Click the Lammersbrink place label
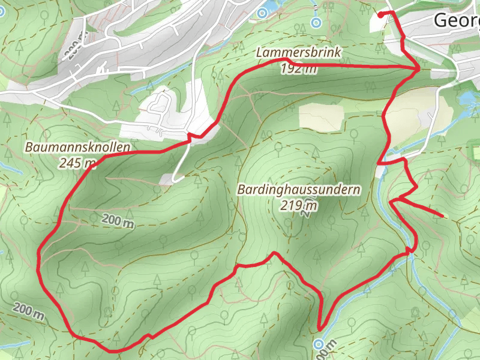(x=298, y=53)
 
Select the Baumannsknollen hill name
(x=77, y=147)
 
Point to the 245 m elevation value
(x=77, y=162)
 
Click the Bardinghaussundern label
(x=299, y=190)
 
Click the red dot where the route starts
(x=381, y=14)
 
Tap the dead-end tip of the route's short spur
(x=443, y=215)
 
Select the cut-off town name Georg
(x=456, y=21)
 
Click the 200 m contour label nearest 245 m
(x=117, y=221)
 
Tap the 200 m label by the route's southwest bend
(x=29, y=311)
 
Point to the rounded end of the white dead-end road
(x=174, y=179)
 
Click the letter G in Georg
(x=439, y=21)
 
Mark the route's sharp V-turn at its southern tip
(x=319, y=329)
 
